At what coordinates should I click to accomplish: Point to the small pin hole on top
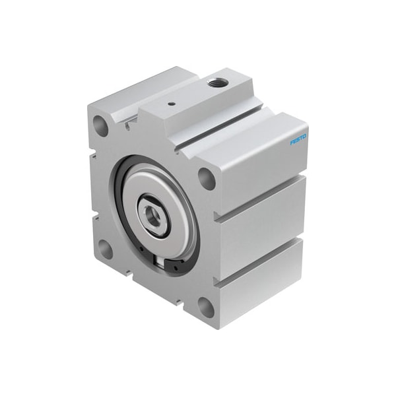point(171,103)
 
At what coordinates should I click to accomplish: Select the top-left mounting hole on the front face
point(102,123)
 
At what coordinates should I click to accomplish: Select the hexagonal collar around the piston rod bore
point(144,210)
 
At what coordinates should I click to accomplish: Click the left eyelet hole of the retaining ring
point(141,249)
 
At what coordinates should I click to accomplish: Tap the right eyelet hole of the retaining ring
point(174,267)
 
